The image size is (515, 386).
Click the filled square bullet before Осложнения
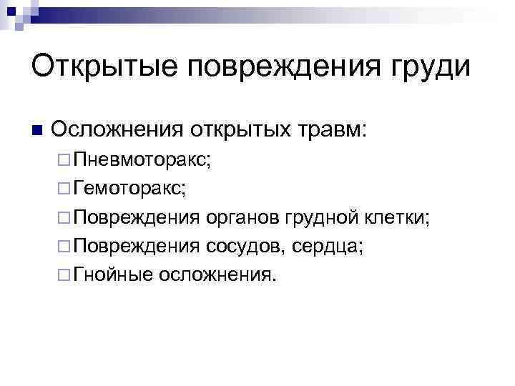point(38,131)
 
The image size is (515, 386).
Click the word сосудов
point(245,246)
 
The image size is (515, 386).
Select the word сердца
point(328,247)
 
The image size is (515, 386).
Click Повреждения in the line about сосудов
point(137,247)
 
